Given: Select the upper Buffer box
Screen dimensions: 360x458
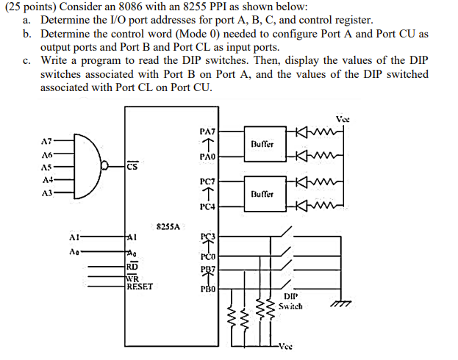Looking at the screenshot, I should point(262,145).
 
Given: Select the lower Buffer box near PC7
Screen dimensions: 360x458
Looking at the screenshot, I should point(262,193).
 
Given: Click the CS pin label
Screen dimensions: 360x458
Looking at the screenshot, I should point(131,166).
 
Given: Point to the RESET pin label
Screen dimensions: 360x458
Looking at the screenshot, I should point(140,287).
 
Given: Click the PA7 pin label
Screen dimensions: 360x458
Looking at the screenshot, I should point(207,130).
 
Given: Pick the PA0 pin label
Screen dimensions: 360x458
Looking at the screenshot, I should point(207,157).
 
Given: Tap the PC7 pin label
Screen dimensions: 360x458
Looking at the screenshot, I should point(207,180).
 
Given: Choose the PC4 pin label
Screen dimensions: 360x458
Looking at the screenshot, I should point(207,207).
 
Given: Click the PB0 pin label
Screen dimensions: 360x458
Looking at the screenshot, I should point(207,289).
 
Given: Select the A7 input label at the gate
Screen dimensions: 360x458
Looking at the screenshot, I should point(46,140).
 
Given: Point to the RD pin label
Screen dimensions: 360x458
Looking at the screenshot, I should point(132,266).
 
